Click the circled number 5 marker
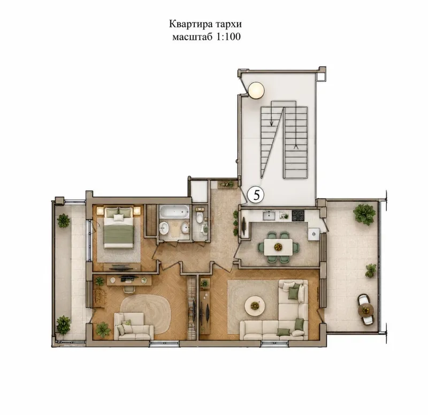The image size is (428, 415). pyautogui.click(x=256, y=194)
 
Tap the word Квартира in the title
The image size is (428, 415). pyautogui.click(x=191, y=24)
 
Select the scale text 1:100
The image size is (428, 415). pyautogui.click(x=228, y=36)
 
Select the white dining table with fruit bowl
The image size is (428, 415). pyautogui.click(x=278, y=247)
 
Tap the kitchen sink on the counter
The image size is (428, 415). pyautogui.click(x=270, y=216)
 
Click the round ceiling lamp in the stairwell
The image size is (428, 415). pyautogui.click(x=256, y=90)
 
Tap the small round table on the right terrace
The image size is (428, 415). pyautogui.click(x=366, y=310)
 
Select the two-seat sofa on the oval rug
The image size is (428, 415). pyautogui.click(x=133, y=327)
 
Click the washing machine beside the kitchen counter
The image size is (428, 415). pyautogui.click(x=314, y=234)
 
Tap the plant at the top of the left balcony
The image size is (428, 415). pyautogui.click(x=64, y=221)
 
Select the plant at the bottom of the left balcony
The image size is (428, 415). pyautogui.click(x=63, y=323)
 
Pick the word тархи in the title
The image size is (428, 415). pyautogui.click(x=229, y=24)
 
